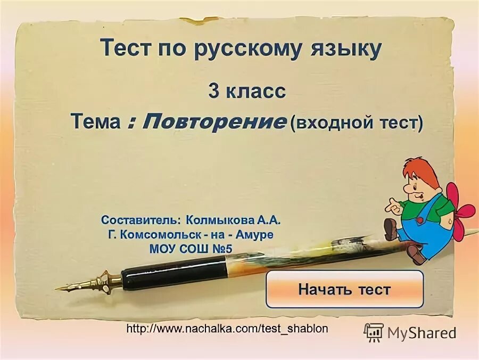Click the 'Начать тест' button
(344, 289)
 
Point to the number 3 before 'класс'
(213, 91)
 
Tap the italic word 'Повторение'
(213, 122)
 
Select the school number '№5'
(221, 248)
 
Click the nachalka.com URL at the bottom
(227, 329)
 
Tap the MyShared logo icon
(374, 332)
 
